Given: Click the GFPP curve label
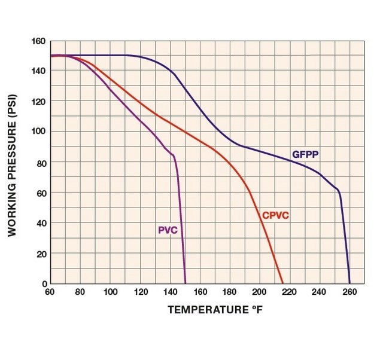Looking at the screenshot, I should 305,154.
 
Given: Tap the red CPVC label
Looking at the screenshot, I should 275,215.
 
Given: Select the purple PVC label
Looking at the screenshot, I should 168,230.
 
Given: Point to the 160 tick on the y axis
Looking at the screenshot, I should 39,41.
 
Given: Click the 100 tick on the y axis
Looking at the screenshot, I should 39,132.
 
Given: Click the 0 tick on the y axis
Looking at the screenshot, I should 43,283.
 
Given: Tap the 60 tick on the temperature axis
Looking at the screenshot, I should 50,292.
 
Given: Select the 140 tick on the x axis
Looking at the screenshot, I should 170,292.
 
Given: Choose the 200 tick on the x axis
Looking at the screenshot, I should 260,292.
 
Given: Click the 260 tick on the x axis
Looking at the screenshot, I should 350,292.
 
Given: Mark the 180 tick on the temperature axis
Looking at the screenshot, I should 230,292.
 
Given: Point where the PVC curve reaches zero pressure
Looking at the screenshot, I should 186,283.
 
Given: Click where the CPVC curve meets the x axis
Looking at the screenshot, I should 282,283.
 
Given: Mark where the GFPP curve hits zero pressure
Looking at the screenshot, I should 350,283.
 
